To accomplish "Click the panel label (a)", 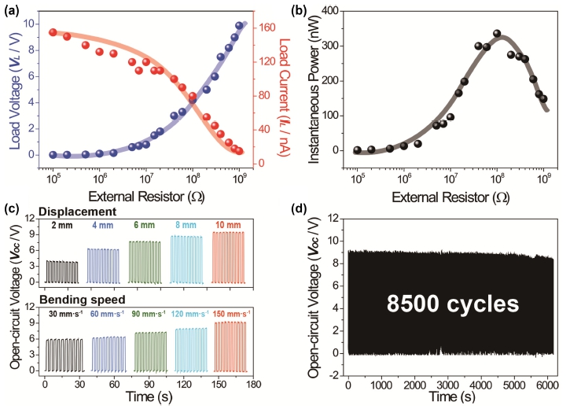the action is click(x=11, y=10).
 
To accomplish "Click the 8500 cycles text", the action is click(x=453, y=303).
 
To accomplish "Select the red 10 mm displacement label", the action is click(x=228, y=225).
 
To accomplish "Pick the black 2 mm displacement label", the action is click(x=62, y=226).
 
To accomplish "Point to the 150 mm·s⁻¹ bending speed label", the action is click(x=231, y=314).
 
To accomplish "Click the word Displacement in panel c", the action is click(x=77, y=212).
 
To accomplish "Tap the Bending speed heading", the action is click(x=82, y=300).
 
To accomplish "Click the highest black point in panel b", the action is click(x=497, y=34).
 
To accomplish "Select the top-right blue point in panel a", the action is click(x=239, y=25).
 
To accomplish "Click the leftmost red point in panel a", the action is click(x=53, y=32).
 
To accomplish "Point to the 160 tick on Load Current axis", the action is click(x=267, y=28).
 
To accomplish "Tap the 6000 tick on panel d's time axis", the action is click(x=546, y=385).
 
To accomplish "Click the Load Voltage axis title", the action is click(x=14, y=90).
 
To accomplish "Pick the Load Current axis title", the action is click(x=285, y=98).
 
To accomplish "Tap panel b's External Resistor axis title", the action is click(x=450, y=197).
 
